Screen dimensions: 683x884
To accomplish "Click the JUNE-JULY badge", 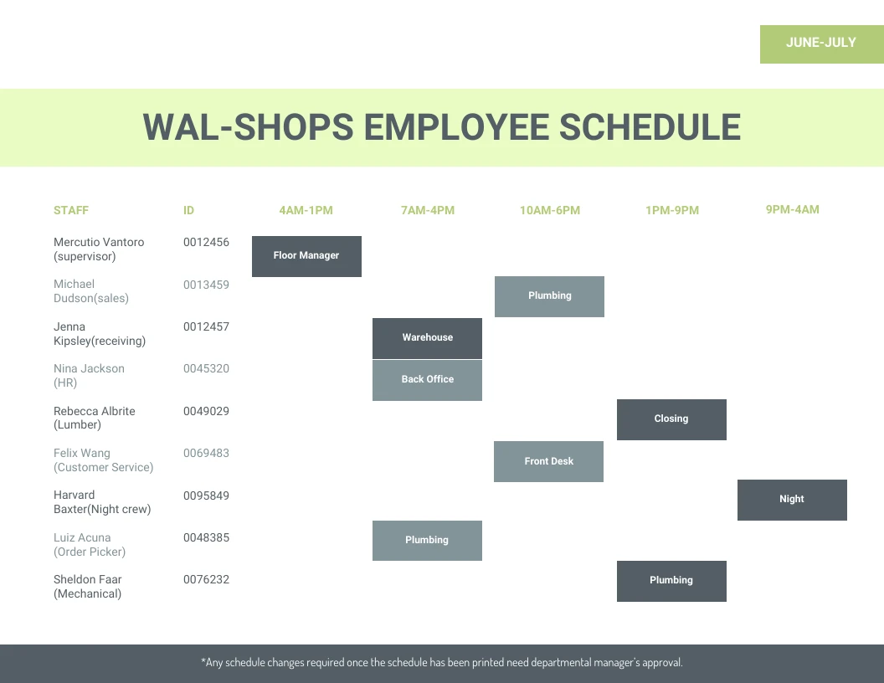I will tap(821, 44).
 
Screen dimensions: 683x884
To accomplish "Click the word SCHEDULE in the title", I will tap(650, 127).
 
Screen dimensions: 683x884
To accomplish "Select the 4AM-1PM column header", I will tap(306, 210).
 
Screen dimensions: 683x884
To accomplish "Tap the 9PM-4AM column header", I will tap(792, 209).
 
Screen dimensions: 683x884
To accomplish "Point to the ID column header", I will tap(188, 210).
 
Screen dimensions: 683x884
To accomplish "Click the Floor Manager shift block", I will tap(306, 256).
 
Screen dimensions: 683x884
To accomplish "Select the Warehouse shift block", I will tap(427, 338).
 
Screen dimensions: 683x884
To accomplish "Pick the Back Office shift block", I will tap(427, 380).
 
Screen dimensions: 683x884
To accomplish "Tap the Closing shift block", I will tap(671, 419).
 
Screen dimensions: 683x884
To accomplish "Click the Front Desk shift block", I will tap(548, 461).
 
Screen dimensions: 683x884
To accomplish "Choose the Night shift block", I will tap(792, 500).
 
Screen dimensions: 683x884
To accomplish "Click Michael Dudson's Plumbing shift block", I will tap(549, 296).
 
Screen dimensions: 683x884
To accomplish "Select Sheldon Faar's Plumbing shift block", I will tap(671, 581).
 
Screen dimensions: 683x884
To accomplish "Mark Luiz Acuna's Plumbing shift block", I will tap(427, 541).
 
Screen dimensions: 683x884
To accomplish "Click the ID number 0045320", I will tap(206, 368).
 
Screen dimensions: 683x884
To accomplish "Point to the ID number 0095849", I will tap(206, 496).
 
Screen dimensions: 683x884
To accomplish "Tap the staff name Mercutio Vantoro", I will tap(99, 242).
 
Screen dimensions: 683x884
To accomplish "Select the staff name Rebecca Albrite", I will tap(95, 411).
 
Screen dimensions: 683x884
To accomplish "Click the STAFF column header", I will tap(71, 210).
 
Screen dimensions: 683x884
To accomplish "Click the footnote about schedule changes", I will tap(442, 663).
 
